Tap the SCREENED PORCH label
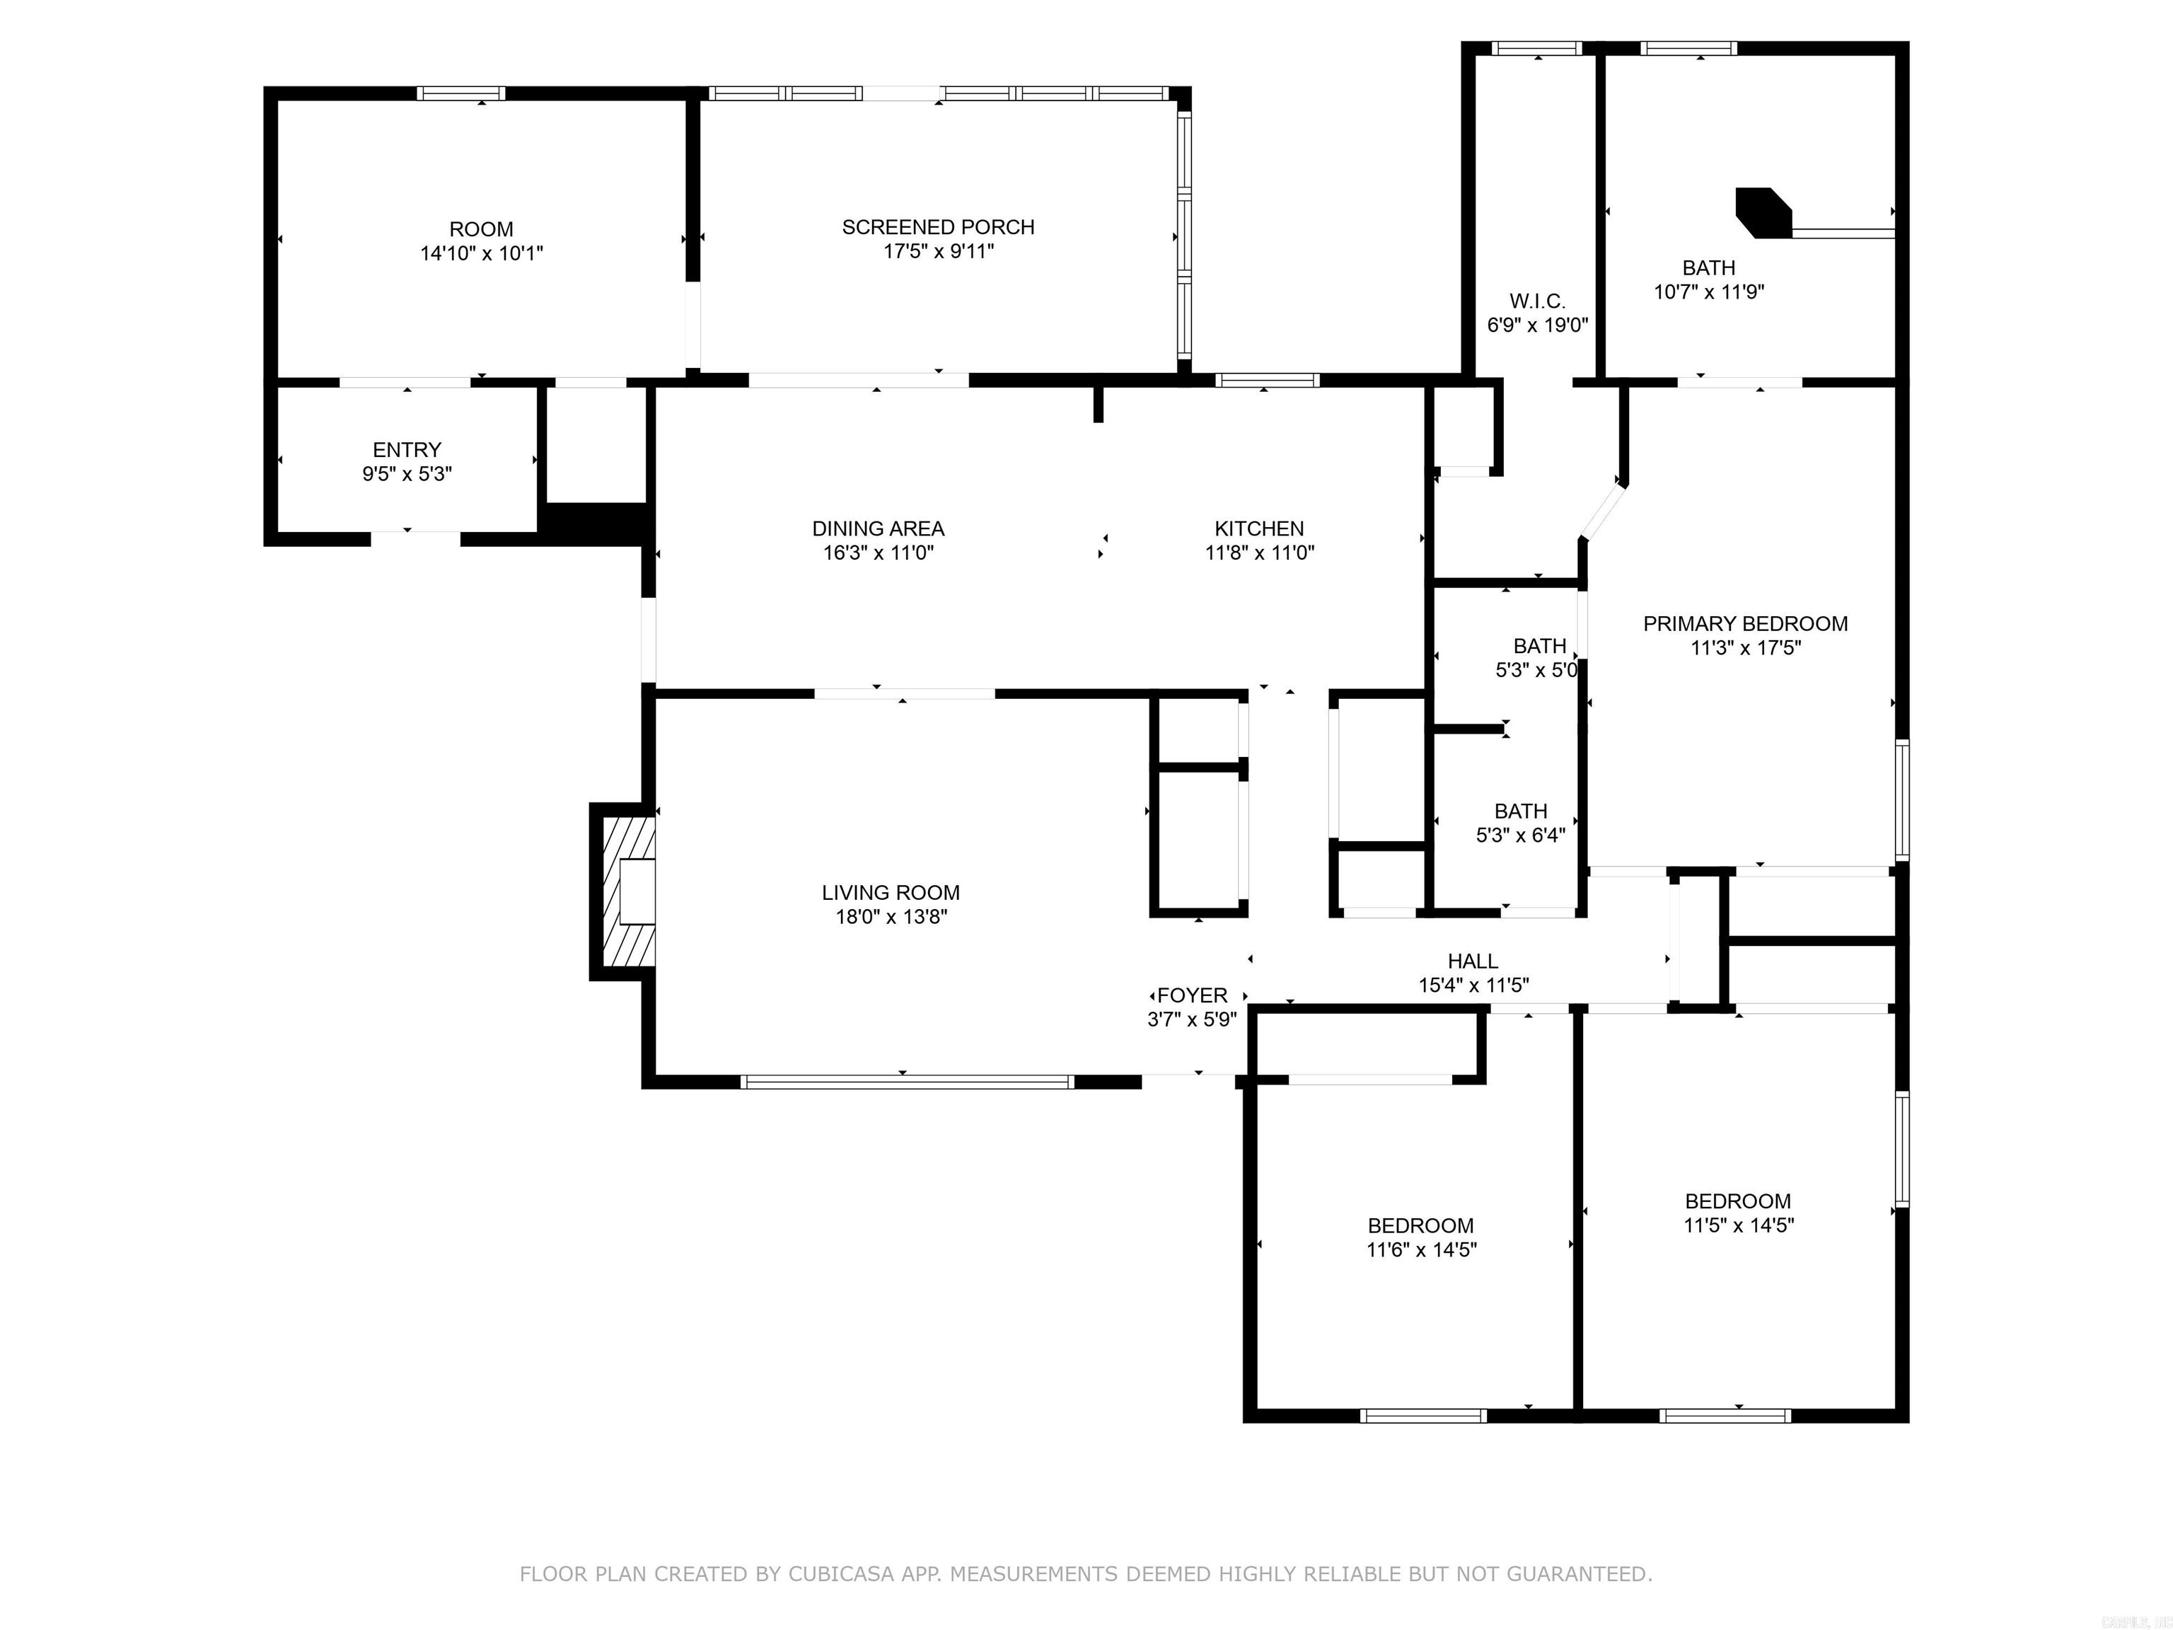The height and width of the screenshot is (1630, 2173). (x=938, y=227)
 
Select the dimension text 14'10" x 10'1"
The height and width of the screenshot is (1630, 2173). (x=482, y=253)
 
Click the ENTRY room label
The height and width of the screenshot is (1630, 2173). (x=407, y=450)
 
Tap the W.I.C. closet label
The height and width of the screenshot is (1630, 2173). (x=1537, y=301)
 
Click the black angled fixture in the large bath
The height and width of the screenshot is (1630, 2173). (x=1764, y=213)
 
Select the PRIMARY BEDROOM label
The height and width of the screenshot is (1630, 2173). (x=1744, y=624)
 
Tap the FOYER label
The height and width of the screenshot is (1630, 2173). (x=1192, y=995)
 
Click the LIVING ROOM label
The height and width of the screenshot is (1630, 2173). (x=890, y=893)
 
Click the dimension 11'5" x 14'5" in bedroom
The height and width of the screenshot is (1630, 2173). (x=1738, y=1225)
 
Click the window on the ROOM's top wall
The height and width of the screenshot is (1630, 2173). (x=460, y=93)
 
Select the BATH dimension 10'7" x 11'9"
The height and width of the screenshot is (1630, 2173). (x=1708, y=291)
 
